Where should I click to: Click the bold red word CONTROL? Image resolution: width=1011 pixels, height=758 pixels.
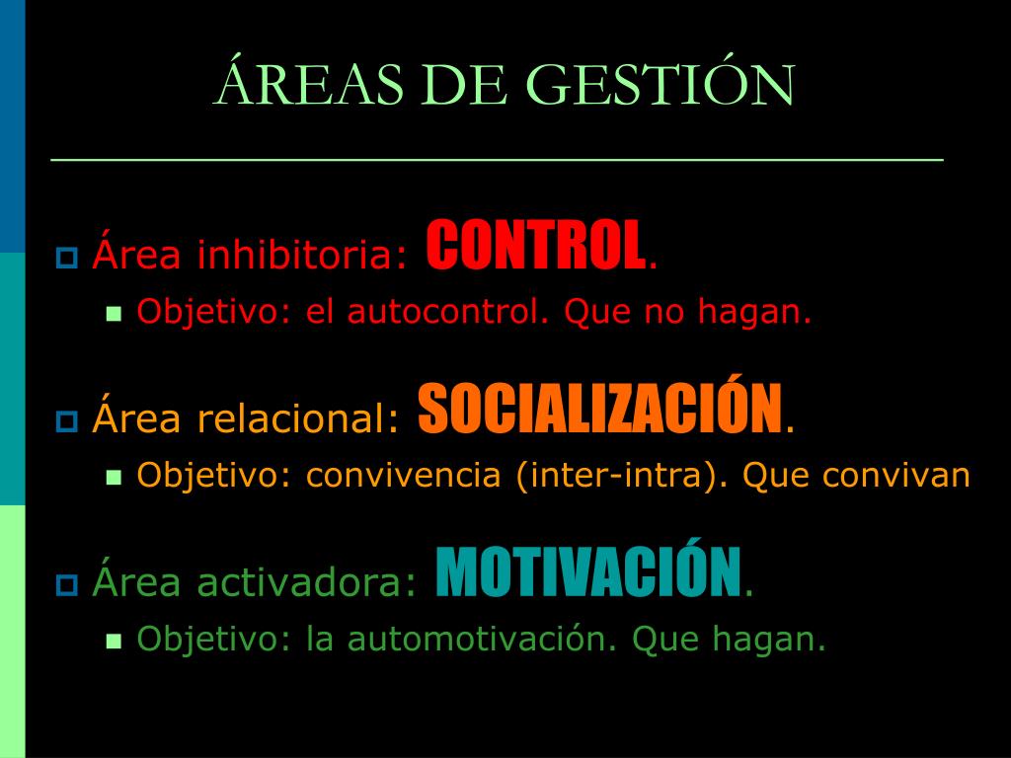coord(535,245)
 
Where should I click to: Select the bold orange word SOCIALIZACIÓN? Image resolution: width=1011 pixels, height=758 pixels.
coord(600,408)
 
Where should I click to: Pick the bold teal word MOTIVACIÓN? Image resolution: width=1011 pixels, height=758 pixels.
coord(588,570)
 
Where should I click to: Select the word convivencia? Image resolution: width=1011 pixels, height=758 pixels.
coord(404,475)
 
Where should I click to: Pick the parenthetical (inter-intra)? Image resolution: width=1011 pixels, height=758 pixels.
coord(622,476)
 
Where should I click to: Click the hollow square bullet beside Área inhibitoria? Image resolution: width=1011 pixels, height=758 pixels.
coord(67,258)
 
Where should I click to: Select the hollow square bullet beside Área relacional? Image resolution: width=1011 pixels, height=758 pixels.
coord(67,420)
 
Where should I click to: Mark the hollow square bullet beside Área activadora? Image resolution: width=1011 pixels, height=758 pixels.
coord(67,584)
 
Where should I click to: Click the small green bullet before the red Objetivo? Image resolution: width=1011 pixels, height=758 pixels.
coord(115,314)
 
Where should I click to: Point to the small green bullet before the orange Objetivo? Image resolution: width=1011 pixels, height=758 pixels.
coord(115,478)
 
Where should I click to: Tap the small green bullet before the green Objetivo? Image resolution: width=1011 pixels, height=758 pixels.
coord(115,642)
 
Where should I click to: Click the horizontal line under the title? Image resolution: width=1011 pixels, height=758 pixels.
coord(498,159)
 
